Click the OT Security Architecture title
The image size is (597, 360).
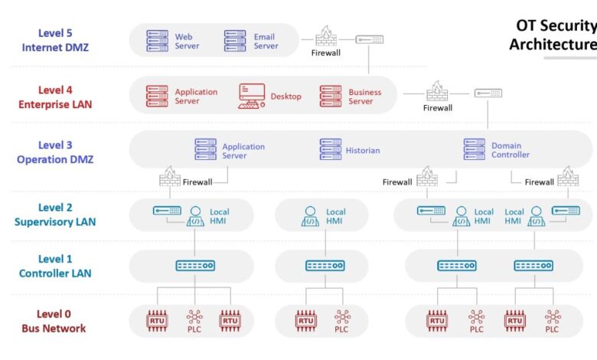pyautogui.click(x=553, y=35)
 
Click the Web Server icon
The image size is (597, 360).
pyautogui.click(x=157, y=41)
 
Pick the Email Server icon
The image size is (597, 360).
pyautogui.click(x=235, y=41)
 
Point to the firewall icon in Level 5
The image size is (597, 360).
pyautogui.click(x=326, y=37)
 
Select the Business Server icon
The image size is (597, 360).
pyautogui.click(x=331, y=97)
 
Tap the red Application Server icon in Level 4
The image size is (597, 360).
pyautogui.click(x=157, y=97)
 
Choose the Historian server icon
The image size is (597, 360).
pyautogui.click(x=331, y=149)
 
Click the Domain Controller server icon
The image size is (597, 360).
pyautogui.click(x=474, y=149)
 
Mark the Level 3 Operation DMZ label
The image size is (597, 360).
pyautogui.click(x=55, y=152)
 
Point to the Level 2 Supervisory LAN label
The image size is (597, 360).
pyautogui.click(x=54, y=214)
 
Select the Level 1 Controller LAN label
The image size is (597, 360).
pyautogui.click(x=54, y=267)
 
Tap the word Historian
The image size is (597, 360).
pyautogui.click(x=363, y=150)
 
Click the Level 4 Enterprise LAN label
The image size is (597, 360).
pyautogui.click(x=55, y=97)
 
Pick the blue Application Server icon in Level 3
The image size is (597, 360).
pyautogui.click(x=205, y=149)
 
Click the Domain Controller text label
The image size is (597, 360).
pyautogui.click(x=511, y=150)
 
